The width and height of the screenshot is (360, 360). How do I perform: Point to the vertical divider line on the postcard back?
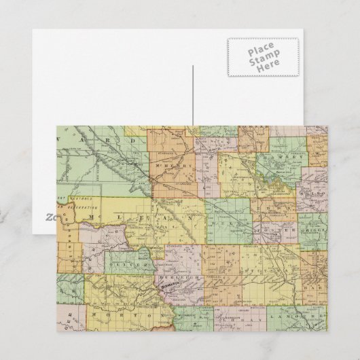coord(193,95)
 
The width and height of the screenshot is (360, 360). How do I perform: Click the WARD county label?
coord(102,141)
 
